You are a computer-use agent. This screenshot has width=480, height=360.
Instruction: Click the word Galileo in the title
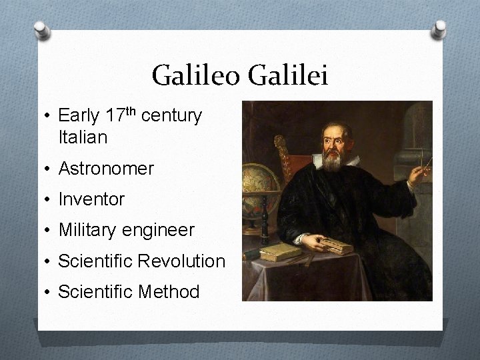point(197,75)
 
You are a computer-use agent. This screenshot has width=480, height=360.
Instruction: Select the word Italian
point(83,138)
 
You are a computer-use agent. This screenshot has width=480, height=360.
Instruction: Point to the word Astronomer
point(106,169)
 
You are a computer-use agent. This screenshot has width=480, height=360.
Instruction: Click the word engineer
point(159,231)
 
